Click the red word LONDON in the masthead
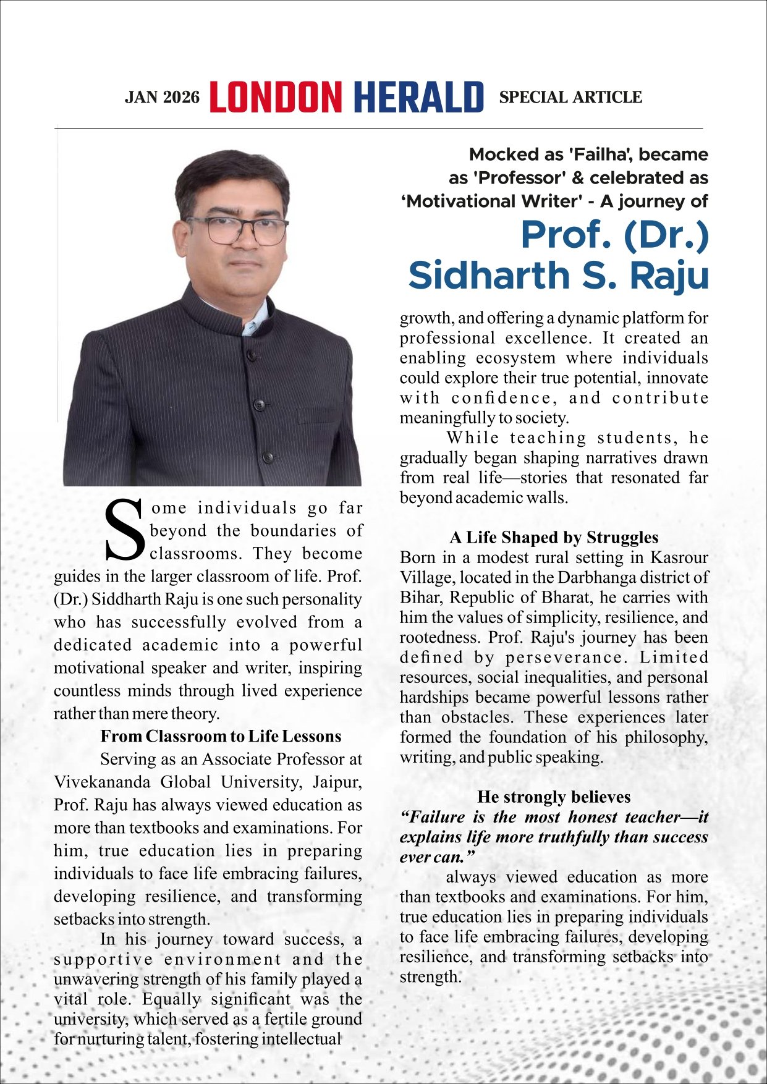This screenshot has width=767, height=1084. (x=276, y=98)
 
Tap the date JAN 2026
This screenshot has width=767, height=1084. (x=162, y=98)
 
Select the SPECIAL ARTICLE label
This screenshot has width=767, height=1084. (x=570, y=97)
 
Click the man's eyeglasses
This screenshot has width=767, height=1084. (x=238, y=231)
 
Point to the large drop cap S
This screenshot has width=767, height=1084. (x=125, y=530)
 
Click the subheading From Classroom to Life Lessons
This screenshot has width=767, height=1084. (x=221, y=736)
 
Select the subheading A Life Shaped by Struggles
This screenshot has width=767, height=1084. (x=554, y=537)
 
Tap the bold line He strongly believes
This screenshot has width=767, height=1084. (x=554, y=797)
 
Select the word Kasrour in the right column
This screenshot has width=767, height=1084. (x=679, y=557)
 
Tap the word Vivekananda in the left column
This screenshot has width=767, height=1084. (x=102, y=782)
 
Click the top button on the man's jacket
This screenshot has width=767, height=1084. (x=252, y=355)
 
